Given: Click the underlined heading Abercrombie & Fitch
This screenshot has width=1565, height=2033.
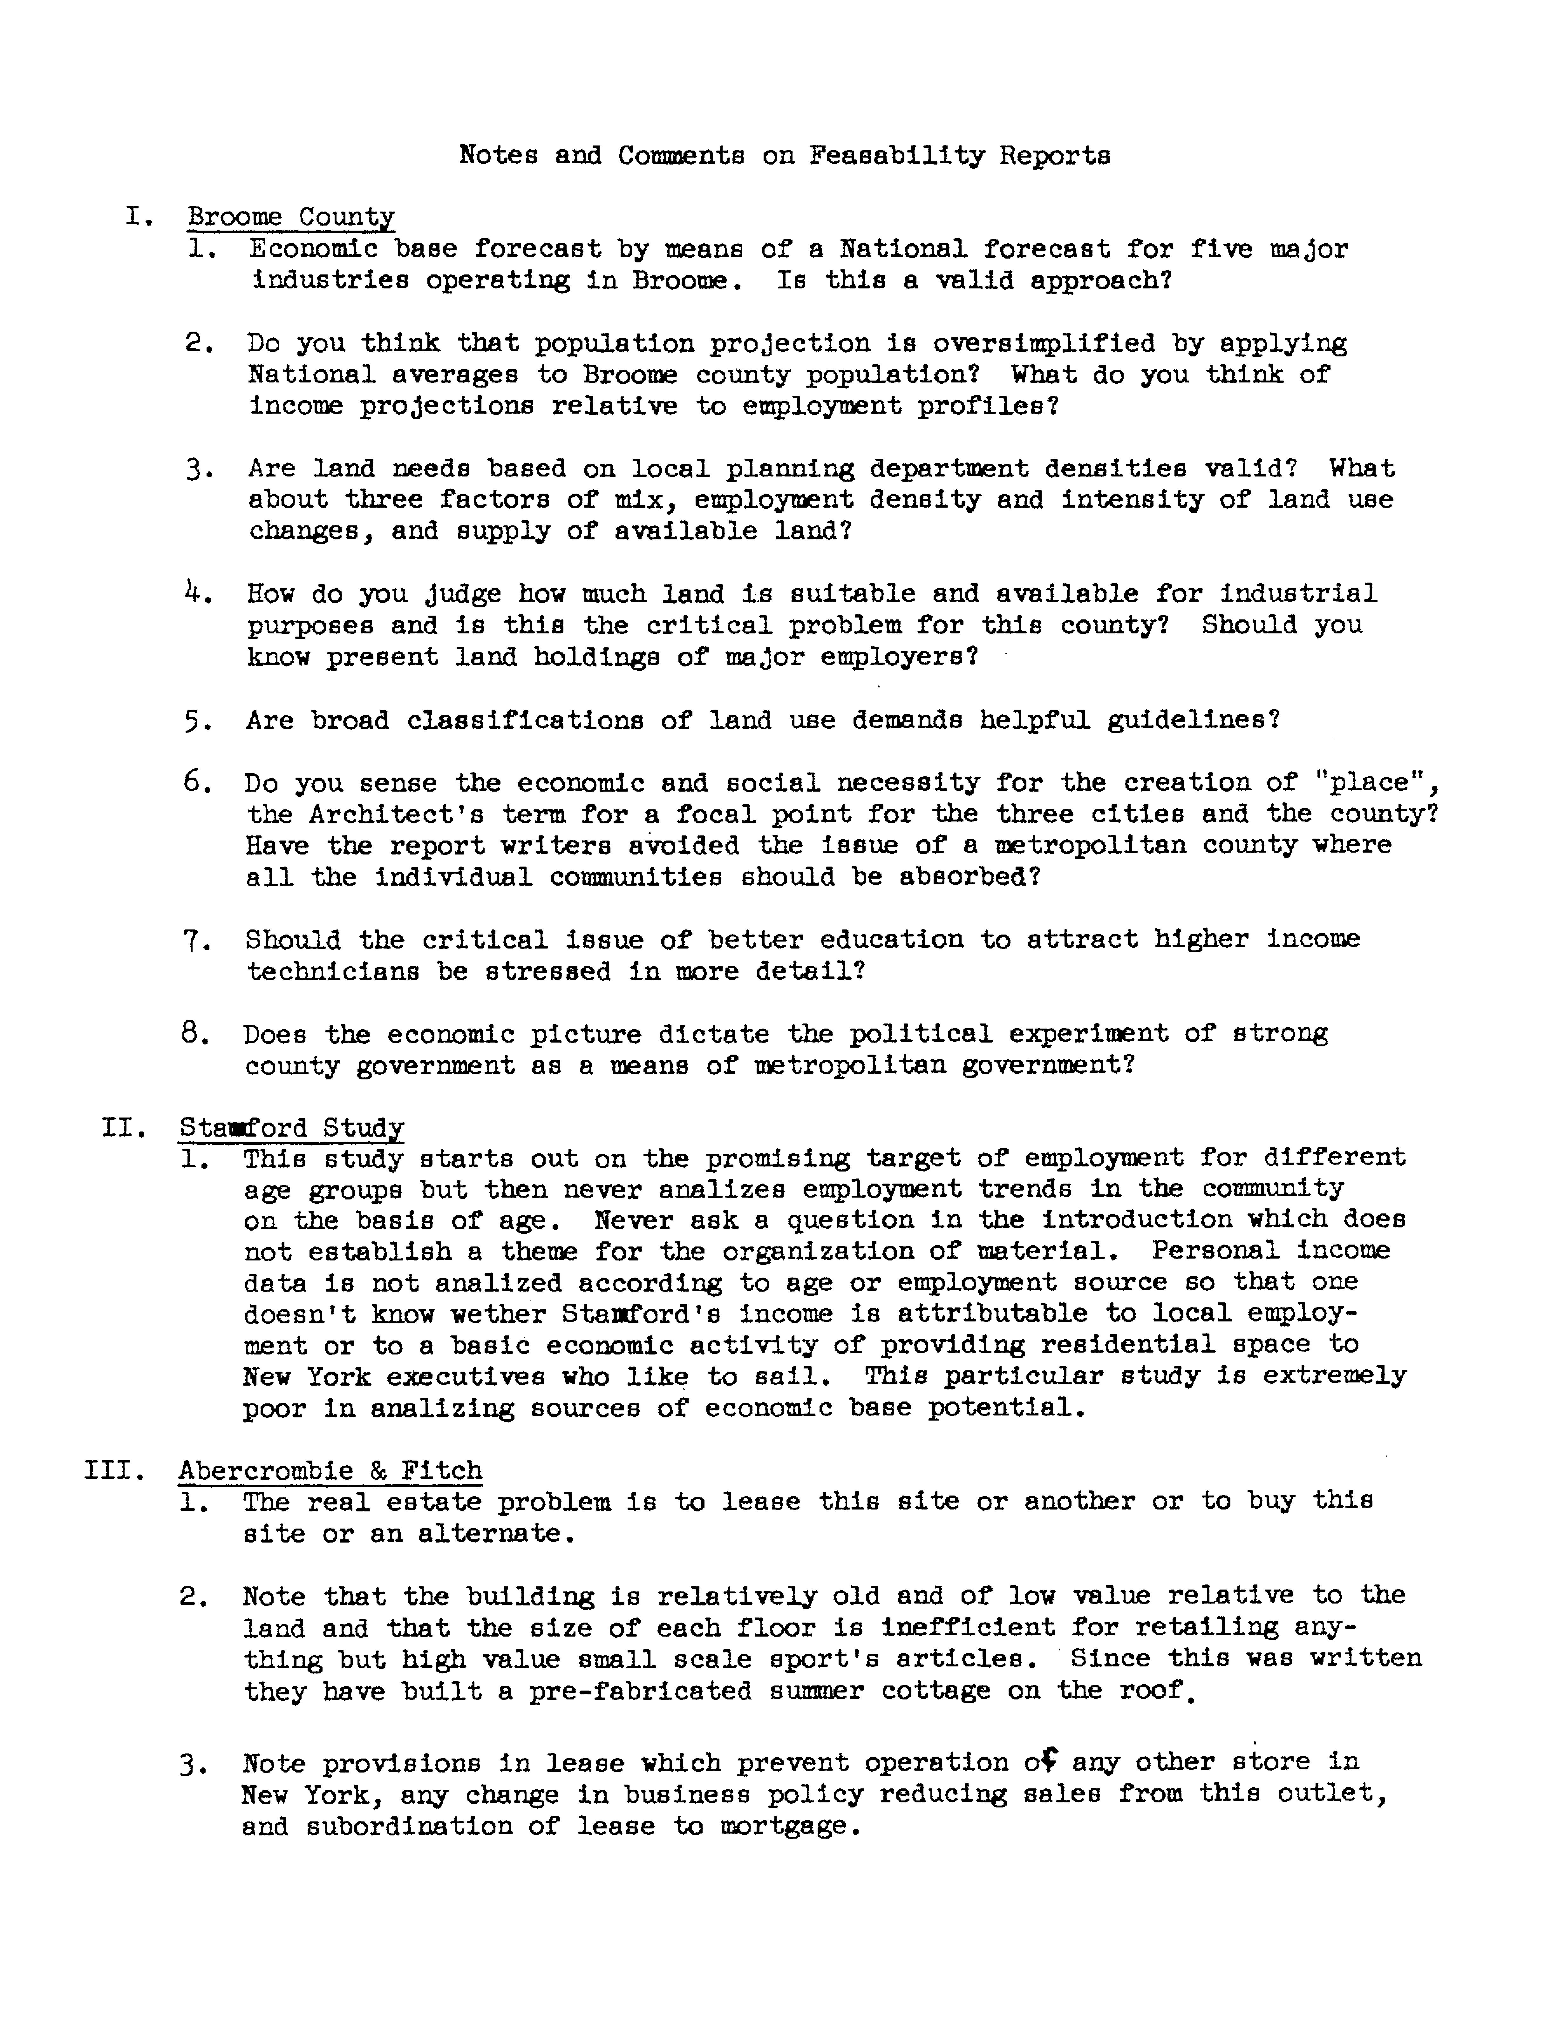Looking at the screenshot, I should point(330,1471).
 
